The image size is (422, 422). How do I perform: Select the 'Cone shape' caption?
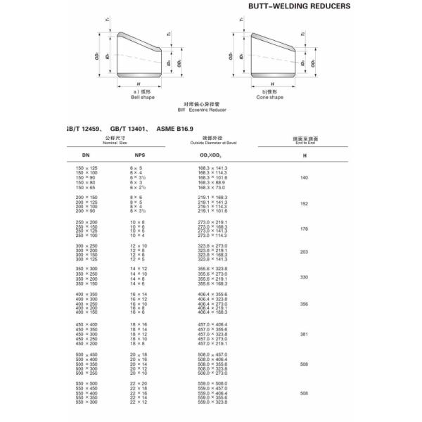coord(269,97)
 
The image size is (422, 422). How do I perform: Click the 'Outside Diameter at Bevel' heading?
coord(215,143)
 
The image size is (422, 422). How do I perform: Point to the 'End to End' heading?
coord(304,143)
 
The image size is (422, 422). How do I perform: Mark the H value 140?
coord(304,178)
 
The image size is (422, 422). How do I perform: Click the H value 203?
coord(304,251)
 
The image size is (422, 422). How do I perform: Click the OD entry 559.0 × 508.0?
coord(214,384)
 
